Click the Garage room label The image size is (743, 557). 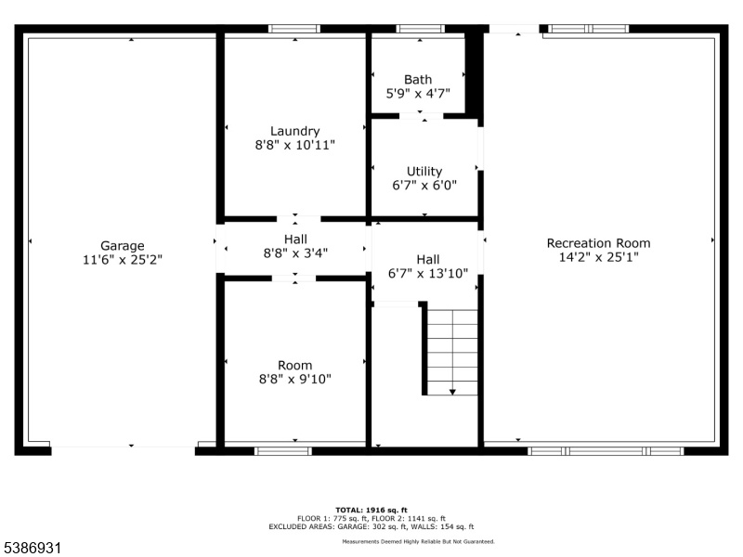click(x=123, y=246)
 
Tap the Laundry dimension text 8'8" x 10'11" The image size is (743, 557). click(x=294, y=145)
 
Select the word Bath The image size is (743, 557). click(x=418, y=79)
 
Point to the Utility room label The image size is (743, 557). click(x=424, y=172)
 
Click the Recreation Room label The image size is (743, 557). click(x=598, y=243)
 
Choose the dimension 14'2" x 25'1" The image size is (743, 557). click(x=598, y=257)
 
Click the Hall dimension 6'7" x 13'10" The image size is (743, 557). click(x=428, y=273)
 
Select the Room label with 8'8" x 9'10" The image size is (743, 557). click(x=294, y=372)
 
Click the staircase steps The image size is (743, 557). click(x=452, y=353)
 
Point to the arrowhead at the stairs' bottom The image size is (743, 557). click(x=452, y=392)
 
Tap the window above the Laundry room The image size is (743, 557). click(x=294, y=29)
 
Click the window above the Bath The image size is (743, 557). click(x=421, y=29)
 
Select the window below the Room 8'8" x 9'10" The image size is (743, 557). click(x=283, y=451)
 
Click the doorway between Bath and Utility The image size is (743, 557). click(x=422, y=116)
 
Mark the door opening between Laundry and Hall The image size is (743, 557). click(x=298, y=219)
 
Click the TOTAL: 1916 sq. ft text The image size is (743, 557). click(x=371, y=510)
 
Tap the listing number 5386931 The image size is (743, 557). click(x=31, y=548)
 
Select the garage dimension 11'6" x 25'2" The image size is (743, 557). click(x=123, y=260)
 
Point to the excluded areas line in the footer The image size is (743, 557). click(x=371, y=526)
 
